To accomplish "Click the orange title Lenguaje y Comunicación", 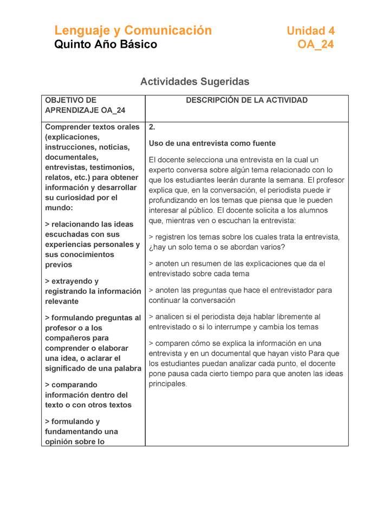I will [x=133, y=30].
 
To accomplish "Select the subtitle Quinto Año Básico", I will [x=106, y=44].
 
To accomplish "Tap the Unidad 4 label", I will [x=310, y=31].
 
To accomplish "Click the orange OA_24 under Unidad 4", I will [x=315, y=44].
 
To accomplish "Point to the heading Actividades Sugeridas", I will [x=194, y=82].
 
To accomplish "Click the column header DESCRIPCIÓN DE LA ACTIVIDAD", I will [x=246, y=100].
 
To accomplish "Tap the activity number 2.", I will [x=152, y=127].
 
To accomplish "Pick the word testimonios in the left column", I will [x=114, y=167].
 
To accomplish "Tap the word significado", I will [x=67, y=368].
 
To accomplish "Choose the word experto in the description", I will [x=162, y=170].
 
